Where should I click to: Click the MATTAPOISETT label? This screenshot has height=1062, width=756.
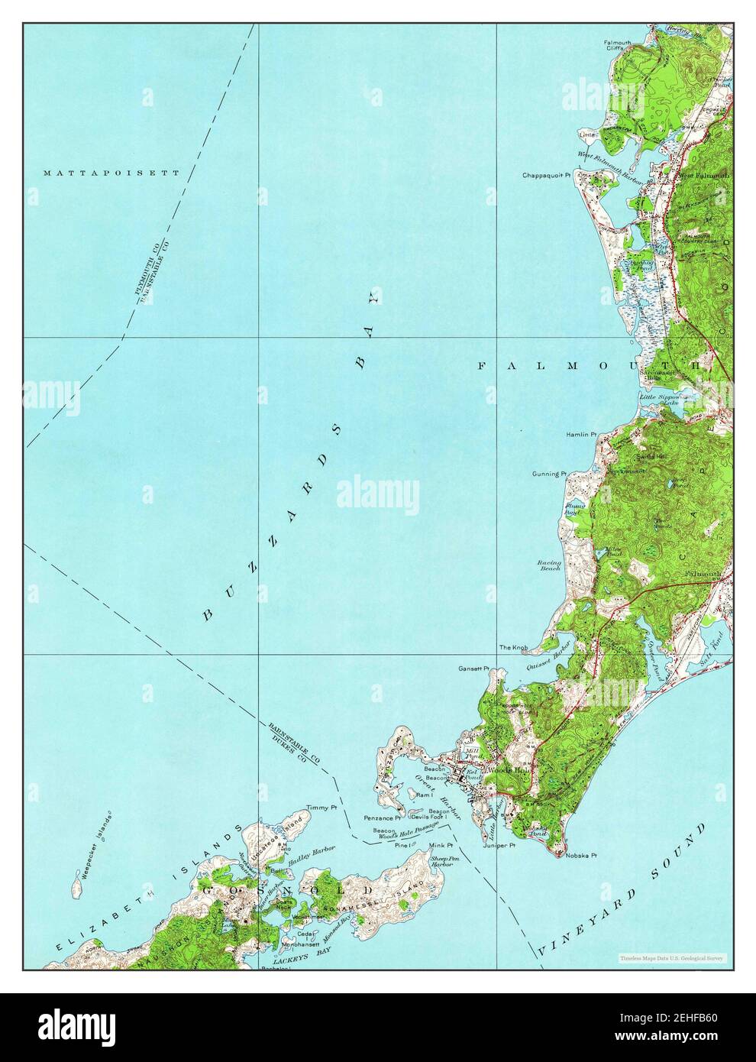pyautogui.click(x=111, y=173)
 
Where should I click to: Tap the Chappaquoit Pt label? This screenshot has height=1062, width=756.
pyautogui.click(x=547, y=175)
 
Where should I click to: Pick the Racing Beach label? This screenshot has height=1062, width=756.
pyautogui.click(x=548, y=565)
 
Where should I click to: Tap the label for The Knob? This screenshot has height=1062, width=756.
pyautogui.click(x=513, y=648)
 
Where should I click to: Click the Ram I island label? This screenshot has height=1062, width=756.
pyautogui.click(x=425, y=795)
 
